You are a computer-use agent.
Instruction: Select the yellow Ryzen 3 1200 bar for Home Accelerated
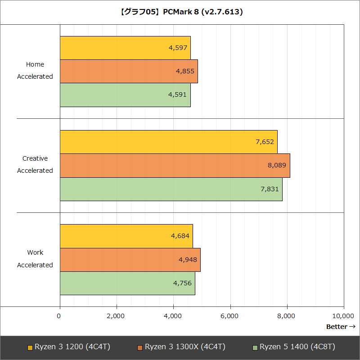125,48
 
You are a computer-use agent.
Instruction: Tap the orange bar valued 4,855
129,71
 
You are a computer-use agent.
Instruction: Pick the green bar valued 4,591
125,94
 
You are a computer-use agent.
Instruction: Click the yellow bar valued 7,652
168,142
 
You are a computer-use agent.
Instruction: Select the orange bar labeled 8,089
175,165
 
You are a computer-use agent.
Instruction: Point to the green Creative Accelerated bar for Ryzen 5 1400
171,189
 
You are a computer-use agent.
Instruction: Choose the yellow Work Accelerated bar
126,236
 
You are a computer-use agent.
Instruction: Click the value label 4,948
188,260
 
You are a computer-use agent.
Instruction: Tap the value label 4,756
182,283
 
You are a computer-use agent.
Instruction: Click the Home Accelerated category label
35,71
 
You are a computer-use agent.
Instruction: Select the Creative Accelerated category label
35,165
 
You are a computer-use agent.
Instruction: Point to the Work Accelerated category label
35,259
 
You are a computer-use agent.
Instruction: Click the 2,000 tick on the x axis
116,316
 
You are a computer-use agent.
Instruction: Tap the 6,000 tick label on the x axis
230,316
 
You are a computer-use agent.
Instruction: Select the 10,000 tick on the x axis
343,316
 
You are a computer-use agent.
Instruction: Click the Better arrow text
341,327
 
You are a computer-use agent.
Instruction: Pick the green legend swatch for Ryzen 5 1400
255,347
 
